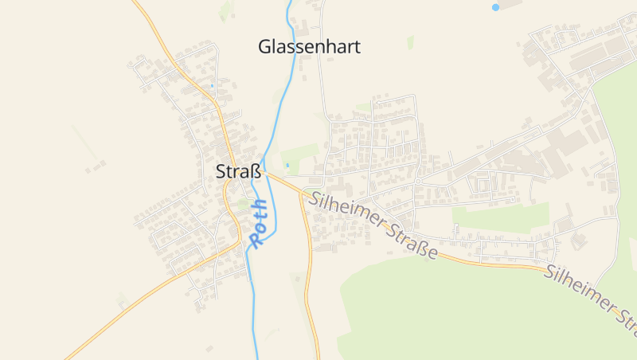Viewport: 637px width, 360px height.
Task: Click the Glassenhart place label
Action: coord(309,47)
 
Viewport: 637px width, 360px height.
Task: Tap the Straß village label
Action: coord(238,171)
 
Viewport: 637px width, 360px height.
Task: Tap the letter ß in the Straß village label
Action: coord(256,171)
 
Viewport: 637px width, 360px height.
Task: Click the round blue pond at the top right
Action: coord(495,7)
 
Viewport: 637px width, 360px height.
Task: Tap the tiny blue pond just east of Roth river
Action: coord(287,165)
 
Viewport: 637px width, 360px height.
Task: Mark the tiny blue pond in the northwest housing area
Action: coord(212,85)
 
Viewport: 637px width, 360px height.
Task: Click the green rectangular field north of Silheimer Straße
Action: coord(500,217)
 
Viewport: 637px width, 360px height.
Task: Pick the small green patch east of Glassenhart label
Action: coord(411,42)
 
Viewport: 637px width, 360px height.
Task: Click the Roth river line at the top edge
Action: coord(289,6)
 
